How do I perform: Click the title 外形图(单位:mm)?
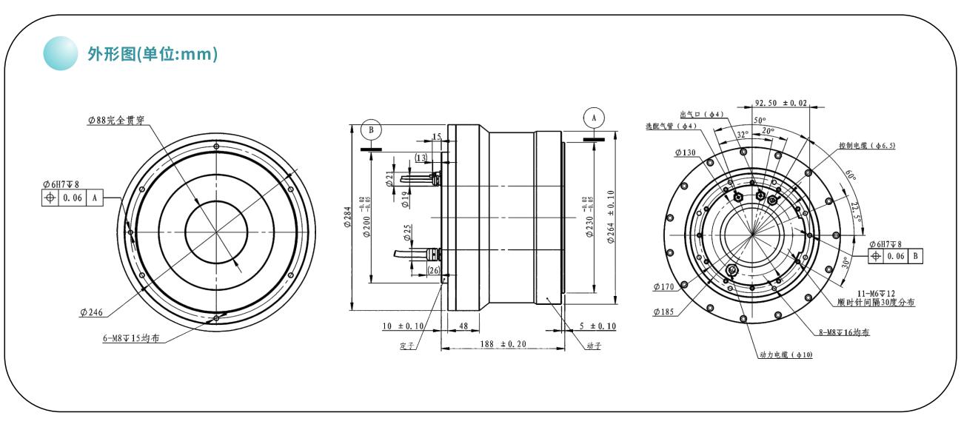coord(152,55)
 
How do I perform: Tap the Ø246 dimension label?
coord(93,312)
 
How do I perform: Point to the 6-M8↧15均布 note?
coord(133,339)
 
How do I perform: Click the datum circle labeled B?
coord(371,129)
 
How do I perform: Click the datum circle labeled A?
coord(593,117)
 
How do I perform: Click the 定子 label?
coord(406,346)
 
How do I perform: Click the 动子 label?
coord(593,346)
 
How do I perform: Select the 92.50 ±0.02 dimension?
coord(781,103)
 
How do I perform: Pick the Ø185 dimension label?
coord(665,312)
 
